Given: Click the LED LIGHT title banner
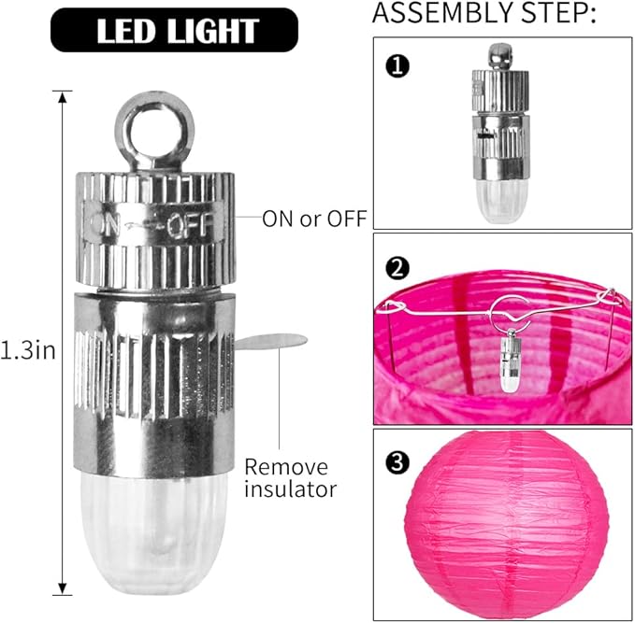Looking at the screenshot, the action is tap(174, 30).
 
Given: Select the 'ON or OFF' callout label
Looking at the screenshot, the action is tap(314, 219).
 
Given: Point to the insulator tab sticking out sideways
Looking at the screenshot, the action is tap(270, 342).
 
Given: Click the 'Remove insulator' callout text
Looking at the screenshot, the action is tap(290, 478).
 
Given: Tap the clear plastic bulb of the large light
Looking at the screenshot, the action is tap(154, 532).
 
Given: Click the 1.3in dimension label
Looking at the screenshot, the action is tap(27, 350).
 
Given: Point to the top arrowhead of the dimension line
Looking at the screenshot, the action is tap(62, 97).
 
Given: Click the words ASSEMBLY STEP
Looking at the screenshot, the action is tap(484, 12).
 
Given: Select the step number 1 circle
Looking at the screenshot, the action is tap(397, 66).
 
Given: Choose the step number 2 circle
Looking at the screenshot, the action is tap(397, 268).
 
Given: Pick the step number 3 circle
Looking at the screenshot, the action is tap(397, 461).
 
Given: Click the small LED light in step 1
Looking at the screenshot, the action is tap(500, 134).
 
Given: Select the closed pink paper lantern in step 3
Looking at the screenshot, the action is tap(507, 526).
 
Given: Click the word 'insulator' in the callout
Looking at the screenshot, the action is tap(290, 489).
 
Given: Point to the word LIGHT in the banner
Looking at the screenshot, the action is tap(213, 31).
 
